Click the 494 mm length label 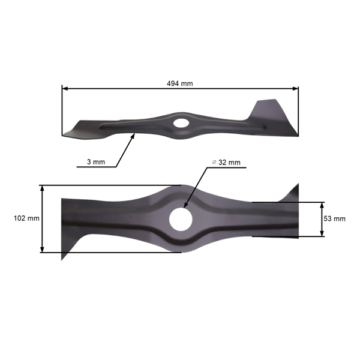180,83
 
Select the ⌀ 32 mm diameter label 226,163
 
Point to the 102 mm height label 26,218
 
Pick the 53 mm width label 334,219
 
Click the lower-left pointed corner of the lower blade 62,259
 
